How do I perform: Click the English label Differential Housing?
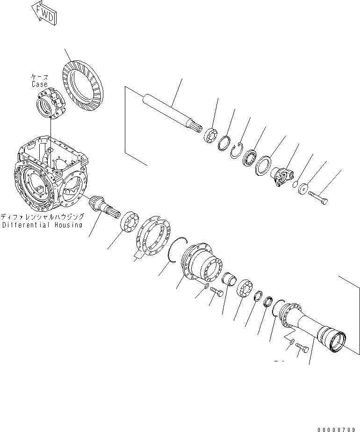pos(42,225)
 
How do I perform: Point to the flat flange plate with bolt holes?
pos(153,237)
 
